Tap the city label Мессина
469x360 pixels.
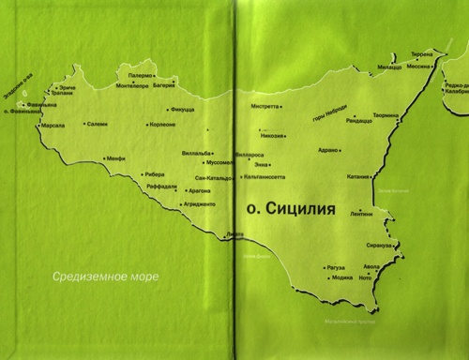tap(418, 66)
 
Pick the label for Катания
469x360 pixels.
tap(358, 176)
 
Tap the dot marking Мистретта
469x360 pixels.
tap(281, 107)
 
